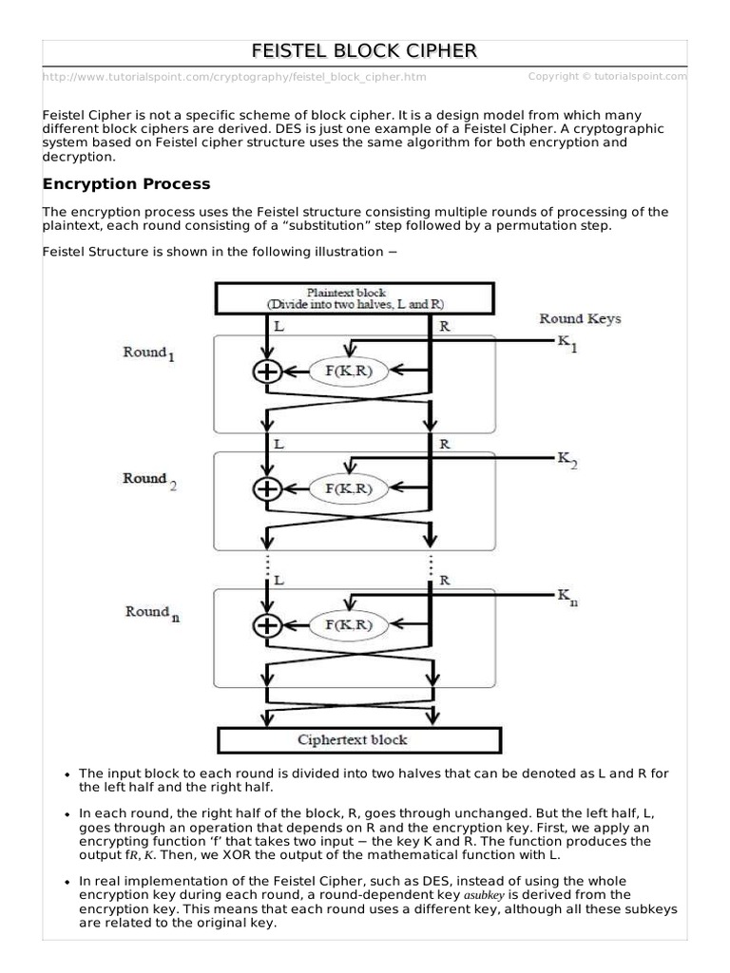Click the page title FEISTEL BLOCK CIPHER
click(x=365, y=50)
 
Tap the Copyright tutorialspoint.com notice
click(x=606, y=76)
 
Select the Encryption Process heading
click(x=126, y=183)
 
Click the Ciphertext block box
click(x=359, y=739)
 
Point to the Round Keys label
click(x=580, y=318)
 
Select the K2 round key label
click(x=567, y=459)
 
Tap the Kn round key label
click(x=567, y=596)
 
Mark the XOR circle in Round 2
click(x=267, y=488)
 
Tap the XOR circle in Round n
click(x=267, y=624)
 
